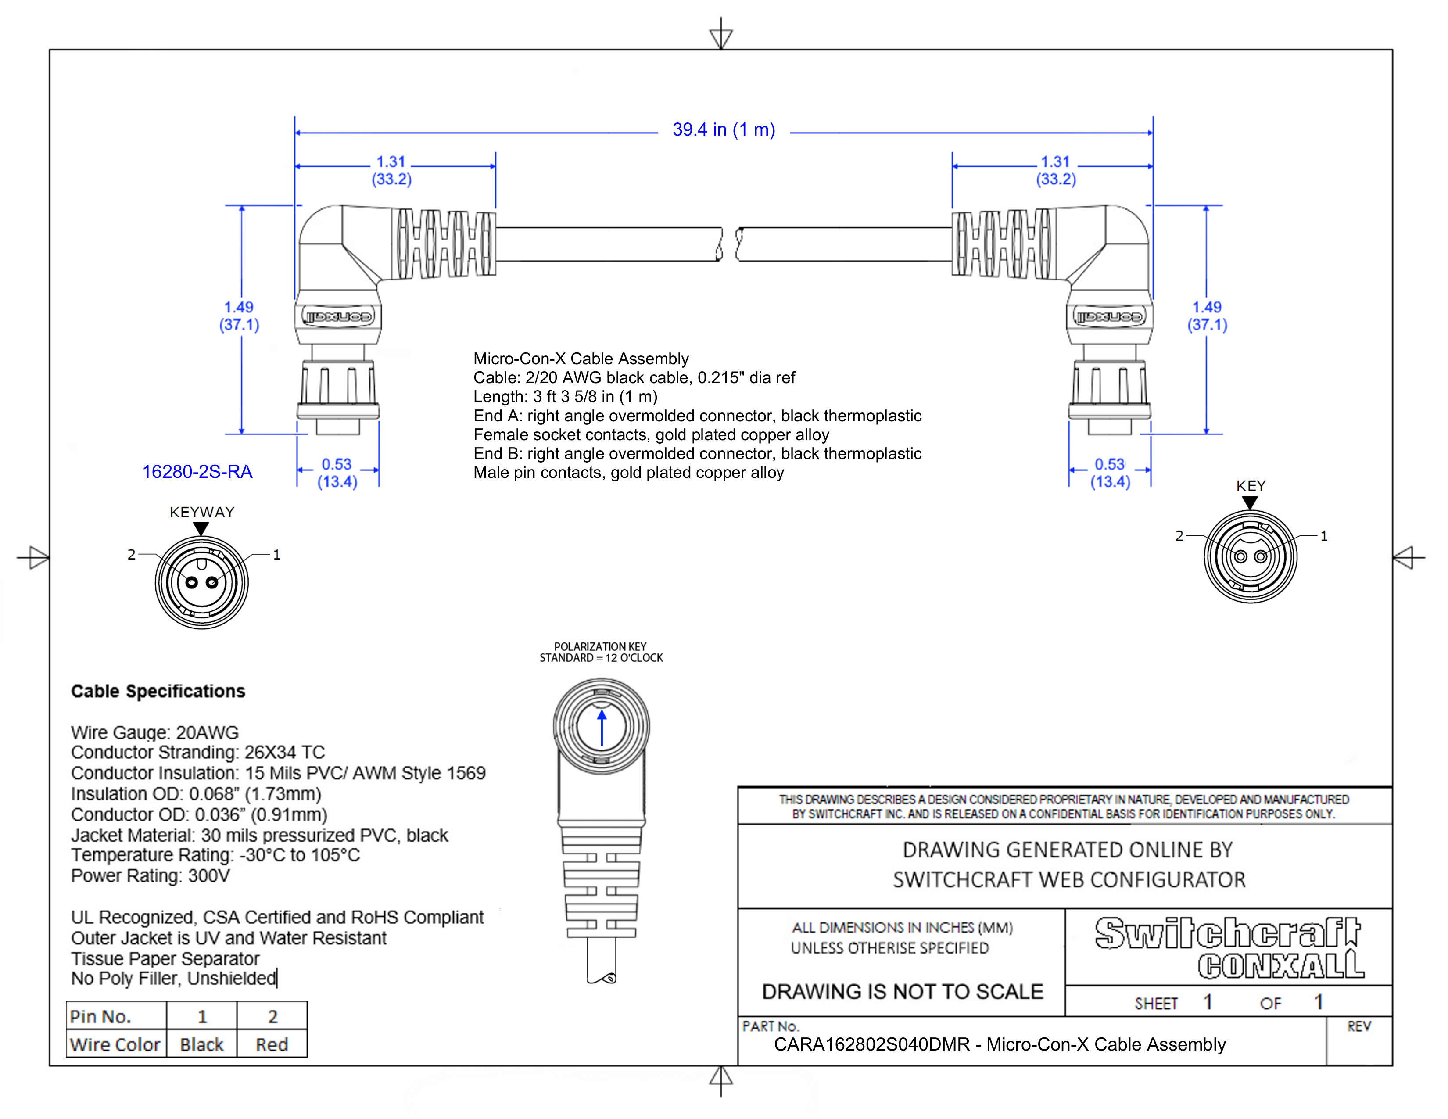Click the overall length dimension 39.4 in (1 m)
[723, 130]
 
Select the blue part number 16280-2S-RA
[197, 472]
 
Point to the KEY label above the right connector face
[1251, 486]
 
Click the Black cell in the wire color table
[201, 1045]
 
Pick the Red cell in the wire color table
[272, 1045]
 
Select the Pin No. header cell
[101, 1016]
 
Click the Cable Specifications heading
[158, 692]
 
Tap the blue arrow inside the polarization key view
[601, 728]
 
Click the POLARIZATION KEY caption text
[600, 646]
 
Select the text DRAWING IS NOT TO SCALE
[902, 992]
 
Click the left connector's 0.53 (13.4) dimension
[337, 473]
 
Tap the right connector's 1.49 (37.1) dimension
[1207, 316]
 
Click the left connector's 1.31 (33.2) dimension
[391, 170]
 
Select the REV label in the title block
[1358, 1027]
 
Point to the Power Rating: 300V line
[151, 876]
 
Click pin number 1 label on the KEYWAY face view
[276, 555]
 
